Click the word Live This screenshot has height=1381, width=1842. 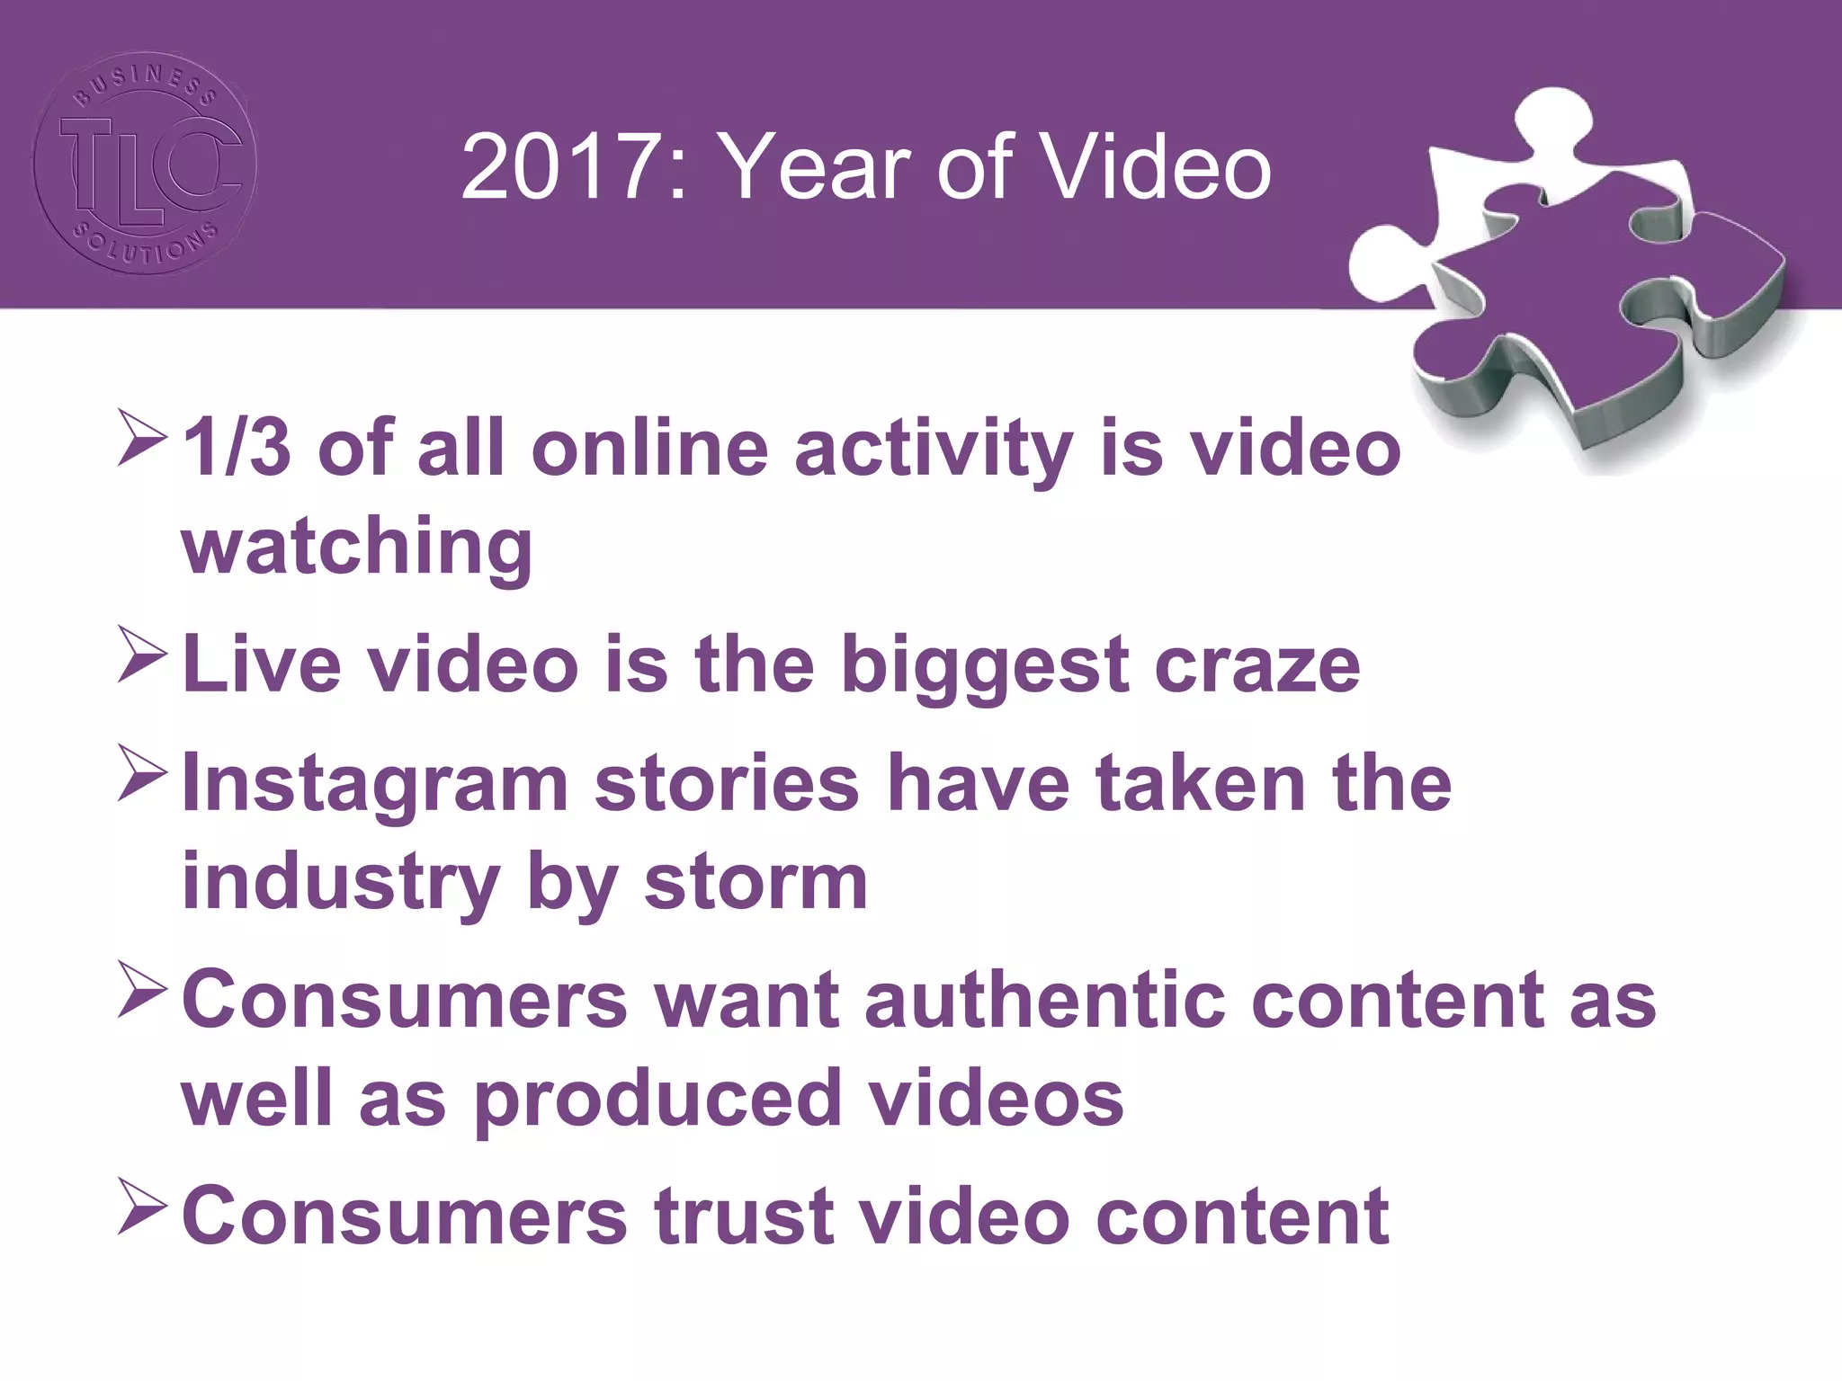click(x=262, y=665)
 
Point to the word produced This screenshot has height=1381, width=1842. click(x=657, y=1099)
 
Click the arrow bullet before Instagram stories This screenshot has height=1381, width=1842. click(x=142, y=774)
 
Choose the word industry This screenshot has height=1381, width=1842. click(x=341, y=883)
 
